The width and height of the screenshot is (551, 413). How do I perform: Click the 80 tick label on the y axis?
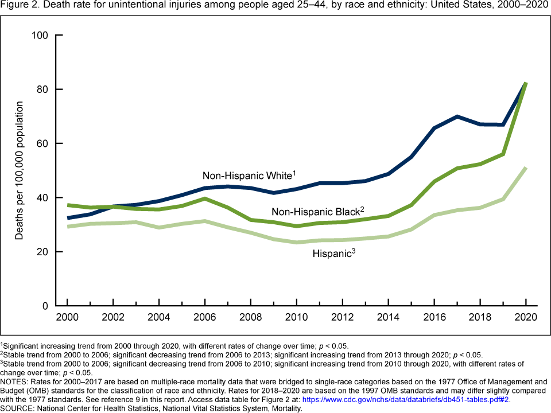[42, 89]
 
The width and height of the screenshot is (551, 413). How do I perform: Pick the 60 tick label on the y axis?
[42, 143]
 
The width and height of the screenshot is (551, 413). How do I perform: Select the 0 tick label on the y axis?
[45, 306]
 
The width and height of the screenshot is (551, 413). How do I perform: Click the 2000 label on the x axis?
[67, 317]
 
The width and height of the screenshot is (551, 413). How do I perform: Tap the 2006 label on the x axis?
[205, 317]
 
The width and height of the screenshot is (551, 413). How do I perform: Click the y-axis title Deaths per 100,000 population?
[20, 171]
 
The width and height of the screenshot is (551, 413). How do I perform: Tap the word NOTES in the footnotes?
[15, 380]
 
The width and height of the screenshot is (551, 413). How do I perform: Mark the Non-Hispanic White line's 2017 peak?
[457, 116]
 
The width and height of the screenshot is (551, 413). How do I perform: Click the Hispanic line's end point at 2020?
[526, 167]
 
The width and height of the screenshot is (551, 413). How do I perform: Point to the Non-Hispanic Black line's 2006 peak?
[205, 198]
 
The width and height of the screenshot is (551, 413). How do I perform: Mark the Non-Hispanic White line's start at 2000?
[68, 218]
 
